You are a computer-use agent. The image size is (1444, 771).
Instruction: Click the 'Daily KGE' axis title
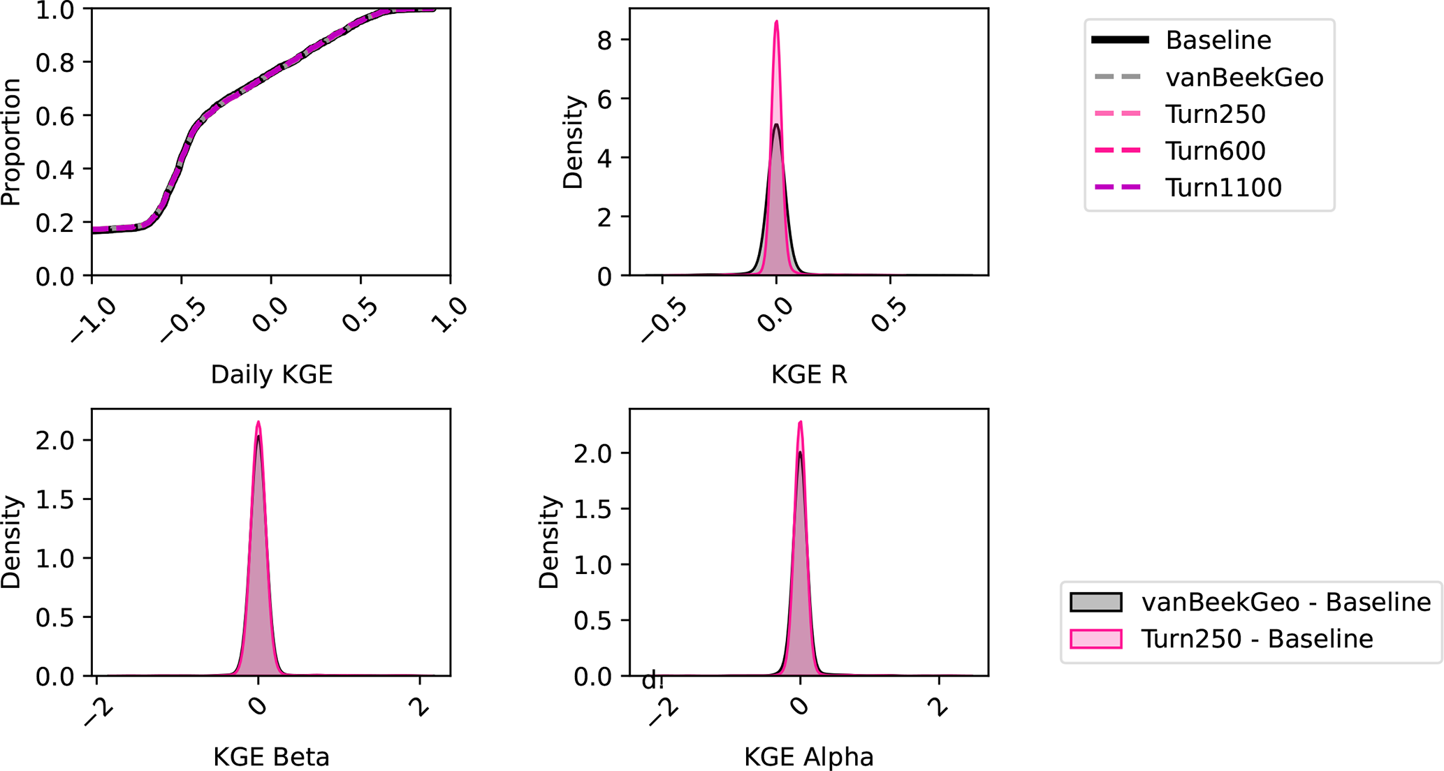tap(272, 375)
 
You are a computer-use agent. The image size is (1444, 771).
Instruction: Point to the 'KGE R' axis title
tap(809, 375)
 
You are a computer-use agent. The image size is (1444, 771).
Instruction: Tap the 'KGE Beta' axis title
tap(271, 757)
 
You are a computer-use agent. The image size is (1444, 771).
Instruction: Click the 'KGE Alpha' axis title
tap(808, 757)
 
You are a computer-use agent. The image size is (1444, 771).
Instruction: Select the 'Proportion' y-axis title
tap(11, 142)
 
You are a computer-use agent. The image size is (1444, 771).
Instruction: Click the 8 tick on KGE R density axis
tap(604, 41)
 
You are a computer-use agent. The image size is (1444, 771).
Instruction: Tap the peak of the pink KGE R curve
tap(776, 22)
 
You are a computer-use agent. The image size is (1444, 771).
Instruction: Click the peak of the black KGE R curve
tap(776, 125)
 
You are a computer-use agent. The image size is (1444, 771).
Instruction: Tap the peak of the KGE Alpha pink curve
tap(801, 422)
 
